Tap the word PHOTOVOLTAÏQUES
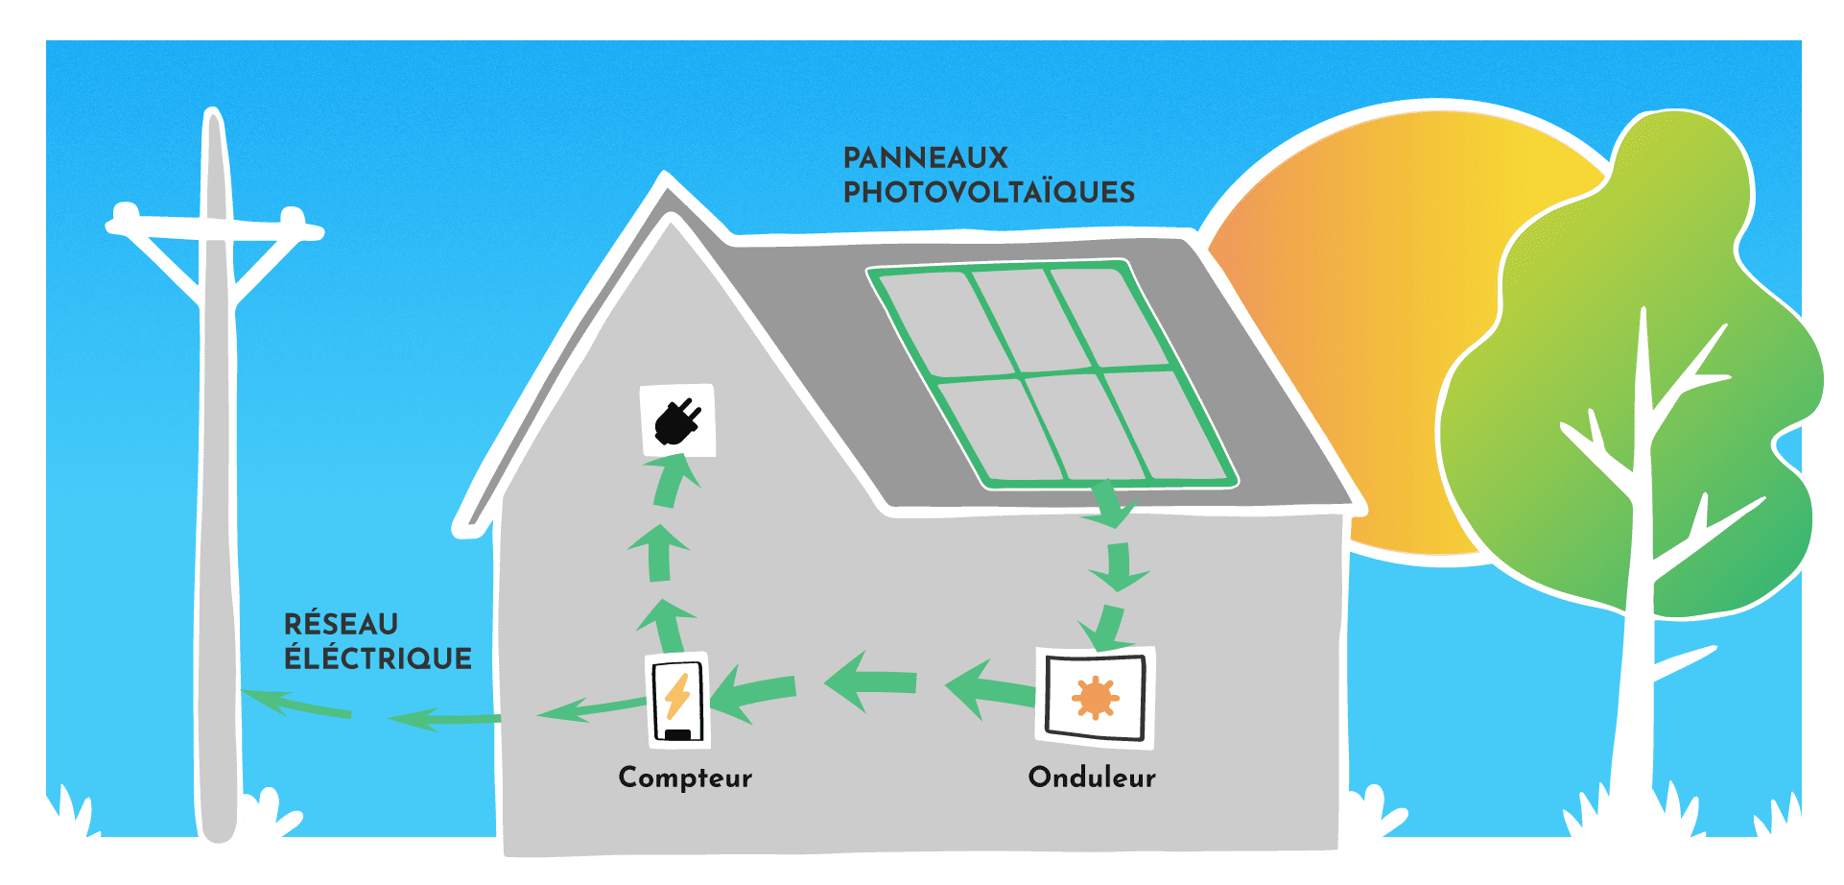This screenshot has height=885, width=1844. [x=988, y=192]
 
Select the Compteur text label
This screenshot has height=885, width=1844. [x=685, y=777]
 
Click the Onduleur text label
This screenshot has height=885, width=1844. [x=1092, y=777]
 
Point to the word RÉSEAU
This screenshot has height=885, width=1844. [x=341, y=624]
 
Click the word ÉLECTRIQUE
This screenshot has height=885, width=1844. [x=378, y=658]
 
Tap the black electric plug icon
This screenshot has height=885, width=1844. [x=677, y=421]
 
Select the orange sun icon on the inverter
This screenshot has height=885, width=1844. [x=1095, y=698]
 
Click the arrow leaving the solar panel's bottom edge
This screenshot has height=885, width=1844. [x=1110, y=505]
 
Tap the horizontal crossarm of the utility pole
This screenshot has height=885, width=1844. [x=216, y=228]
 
